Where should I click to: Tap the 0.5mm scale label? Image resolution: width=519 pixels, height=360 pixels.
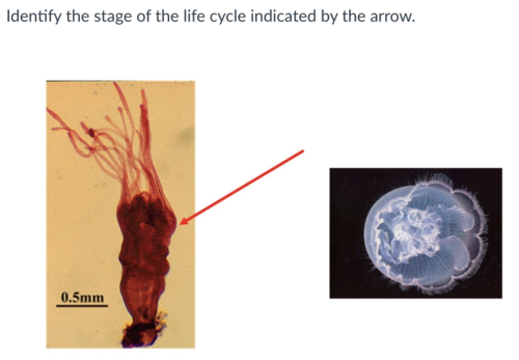tap(83, 298)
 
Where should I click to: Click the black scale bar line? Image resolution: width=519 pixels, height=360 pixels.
tap(82, 306)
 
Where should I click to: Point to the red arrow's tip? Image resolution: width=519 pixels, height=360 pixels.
tap(181, 223)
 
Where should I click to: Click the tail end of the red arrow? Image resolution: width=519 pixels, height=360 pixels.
tap(303, 151)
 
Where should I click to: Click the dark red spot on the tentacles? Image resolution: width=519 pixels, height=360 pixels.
tap(92, 133)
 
